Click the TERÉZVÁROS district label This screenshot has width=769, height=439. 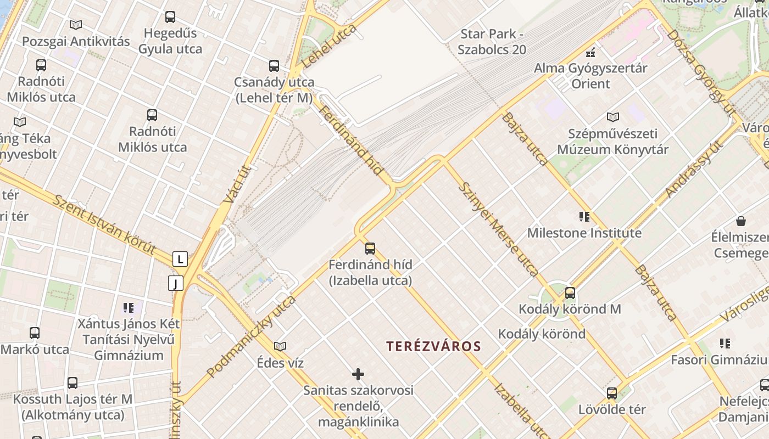tap(433, 346)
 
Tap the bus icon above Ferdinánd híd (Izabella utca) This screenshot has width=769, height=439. tap(370, 248)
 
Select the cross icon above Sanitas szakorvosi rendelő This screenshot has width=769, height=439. tap(358, 374)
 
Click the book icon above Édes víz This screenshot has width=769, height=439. tap(280, 346)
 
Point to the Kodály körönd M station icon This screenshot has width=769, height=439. tap(570, 292)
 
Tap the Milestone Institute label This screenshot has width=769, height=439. tap(584, 233)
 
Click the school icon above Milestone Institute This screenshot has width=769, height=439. tap(584, 217)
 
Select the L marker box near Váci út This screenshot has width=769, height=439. tap(180, 259)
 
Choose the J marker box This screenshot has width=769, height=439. tap(176, 283)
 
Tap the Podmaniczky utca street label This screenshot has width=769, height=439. tap(251, 336)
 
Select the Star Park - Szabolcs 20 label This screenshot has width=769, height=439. tap(492, 42)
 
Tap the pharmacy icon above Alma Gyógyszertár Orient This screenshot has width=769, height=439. tap(590, 53)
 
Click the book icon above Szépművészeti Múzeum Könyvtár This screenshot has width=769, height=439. tap(612, 117)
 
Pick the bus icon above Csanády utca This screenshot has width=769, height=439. tap(274, 66)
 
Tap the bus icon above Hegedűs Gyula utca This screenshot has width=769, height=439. tap(170, 17)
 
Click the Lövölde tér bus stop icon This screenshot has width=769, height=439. tap(612, 393)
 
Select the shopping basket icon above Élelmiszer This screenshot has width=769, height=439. tap(741, 221)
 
